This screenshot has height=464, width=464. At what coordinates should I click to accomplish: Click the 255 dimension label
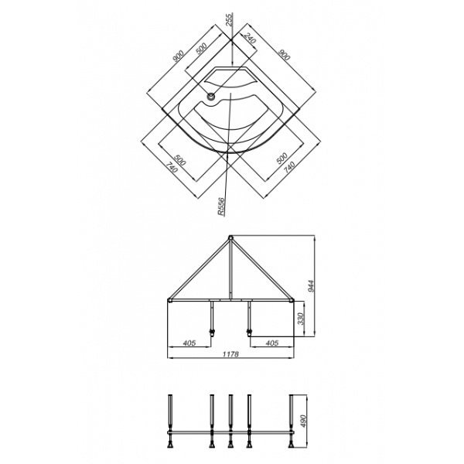pos(230,20)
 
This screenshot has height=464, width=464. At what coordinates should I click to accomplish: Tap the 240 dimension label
pos(250,38)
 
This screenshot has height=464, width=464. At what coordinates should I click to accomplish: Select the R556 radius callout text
pos(221,206)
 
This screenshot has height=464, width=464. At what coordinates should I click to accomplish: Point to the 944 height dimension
pos(310,286)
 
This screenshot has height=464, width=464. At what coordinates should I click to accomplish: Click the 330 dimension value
pos(300,319)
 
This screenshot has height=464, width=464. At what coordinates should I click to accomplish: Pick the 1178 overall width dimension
pos(230,354)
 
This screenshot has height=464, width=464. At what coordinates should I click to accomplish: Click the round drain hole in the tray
pos(210,96)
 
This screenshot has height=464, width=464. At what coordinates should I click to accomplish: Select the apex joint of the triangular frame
pos(230,237)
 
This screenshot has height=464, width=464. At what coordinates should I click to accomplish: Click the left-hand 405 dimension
pos(189,343)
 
